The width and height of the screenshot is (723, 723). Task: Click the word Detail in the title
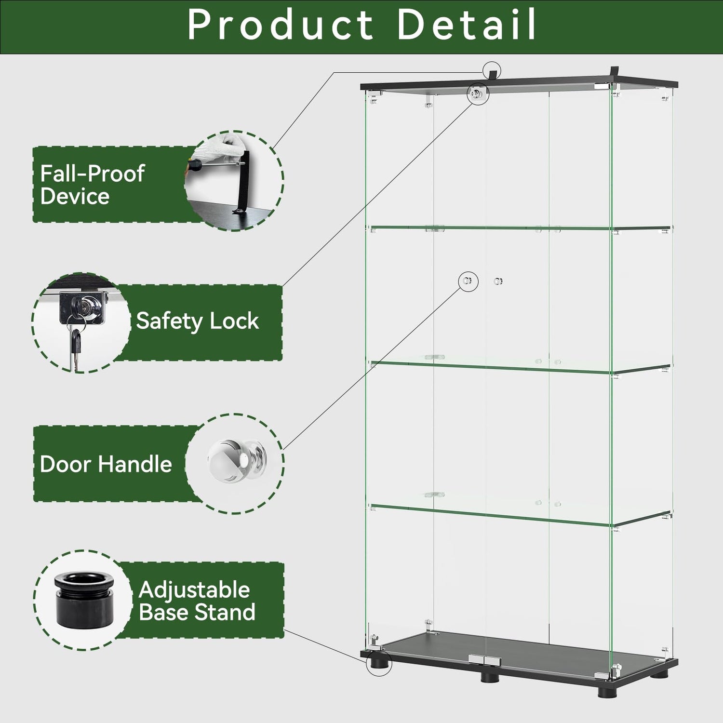467,25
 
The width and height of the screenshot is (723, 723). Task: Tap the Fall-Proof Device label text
92,185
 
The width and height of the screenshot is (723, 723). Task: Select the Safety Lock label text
197,321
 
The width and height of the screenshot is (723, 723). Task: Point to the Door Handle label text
106,464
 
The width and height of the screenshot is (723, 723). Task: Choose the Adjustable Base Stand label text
197,601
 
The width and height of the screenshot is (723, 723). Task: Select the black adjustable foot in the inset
84,600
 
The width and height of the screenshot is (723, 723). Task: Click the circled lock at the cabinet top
477,93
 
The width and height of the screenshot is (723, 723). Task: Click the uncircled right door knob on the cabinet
498,281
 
